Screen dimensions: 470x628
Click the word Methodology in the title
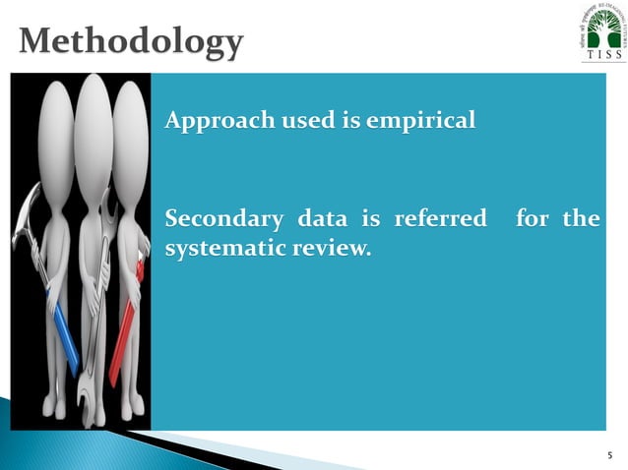pos(131,41)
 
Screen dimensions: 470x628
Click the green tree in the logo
pos(599,28)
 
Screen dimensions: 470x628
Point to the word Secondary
pos(218,218)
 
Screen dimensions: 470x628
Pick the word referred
pos(440,218)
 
